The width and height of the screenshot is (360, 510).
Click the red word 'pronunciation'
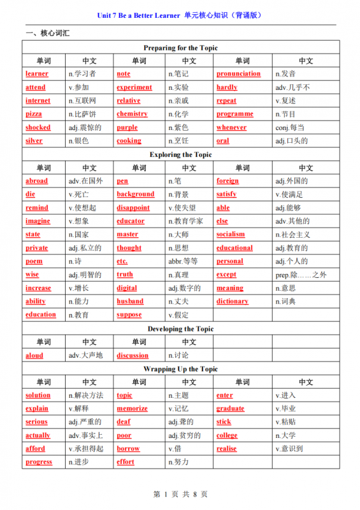238,74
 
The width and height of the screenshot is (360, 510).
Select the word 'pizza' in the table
34,114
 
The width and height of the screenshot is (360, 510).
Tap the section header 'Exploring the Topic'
180,154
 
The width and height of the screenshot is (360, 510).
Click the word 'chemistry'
132,114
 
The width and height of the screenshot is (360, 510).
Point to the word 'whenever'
231,127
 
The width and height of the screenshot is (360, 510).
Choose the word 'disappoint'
133,208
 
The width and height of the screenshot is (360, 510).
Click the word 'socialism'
231,235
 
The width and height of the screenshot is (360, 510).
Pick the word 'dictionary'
232,302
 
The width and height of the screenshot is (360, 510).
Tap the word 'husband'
130,302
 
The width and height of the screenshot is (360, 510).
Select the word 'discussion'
133,356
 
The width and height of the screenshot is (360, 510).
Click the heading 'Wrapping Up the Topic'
180,369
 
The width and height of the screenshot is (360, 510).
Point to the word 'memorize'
132,409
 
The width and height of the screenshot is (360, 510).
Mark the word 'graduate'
230,409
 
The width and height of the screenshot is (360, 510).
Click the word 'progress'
39,462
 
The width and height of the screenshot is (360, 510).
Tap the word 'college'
227,435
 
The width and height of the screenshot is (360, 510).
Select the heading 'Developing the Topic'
180,329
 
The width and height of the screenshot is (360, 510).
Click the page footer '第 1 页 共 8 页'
180,494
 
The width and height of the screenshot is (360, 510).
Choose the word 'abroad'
36,181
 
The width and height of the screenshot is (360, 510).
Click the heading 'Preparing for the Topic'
180,48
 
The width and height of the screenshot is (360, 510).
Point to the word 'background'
135,194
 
